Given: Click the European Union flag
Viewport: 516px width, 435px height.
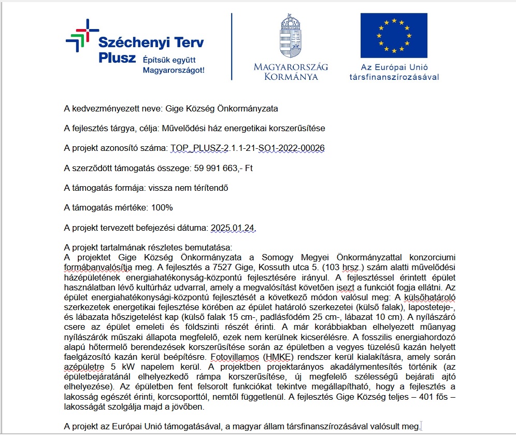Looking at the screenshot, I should pyautogui.click(x=394, y=36).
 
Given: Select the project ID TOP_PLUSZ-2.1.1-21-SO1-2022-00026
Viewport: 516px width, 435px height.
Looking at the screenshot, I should pyautogui.click(x=247, y=148).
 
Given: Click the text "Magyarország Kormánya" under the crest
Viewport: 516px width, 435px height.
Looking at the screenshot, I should pyautogui.click(x=291, y=72).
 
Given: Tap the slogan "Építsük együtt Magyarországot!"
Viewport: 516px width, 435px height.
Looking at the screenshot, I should pyautogui.click(x=174, y=65).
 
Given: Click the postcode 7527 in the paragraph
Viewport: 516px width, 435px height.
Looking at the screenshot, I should pyautogui.click(x=222, y=267).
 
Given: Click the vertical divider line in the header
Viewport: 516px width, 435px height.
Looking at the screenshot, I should pyautogui.click(x=232, y=47).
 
